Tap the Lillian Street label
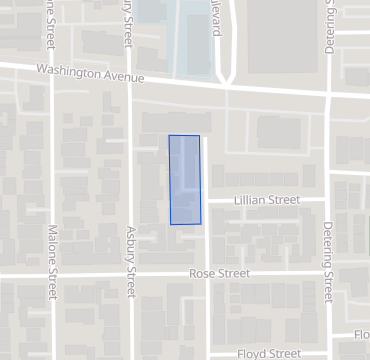pos(267,200)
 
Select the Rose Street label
pos(219,273)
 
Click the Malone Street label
pos(52,262)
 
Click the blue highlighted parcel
pos(185,180)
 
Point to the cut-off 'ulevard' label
pos(214,18)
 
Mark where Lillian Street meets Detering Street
pos(328,200)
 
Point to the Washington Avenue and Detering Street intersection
pos(328,94)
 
